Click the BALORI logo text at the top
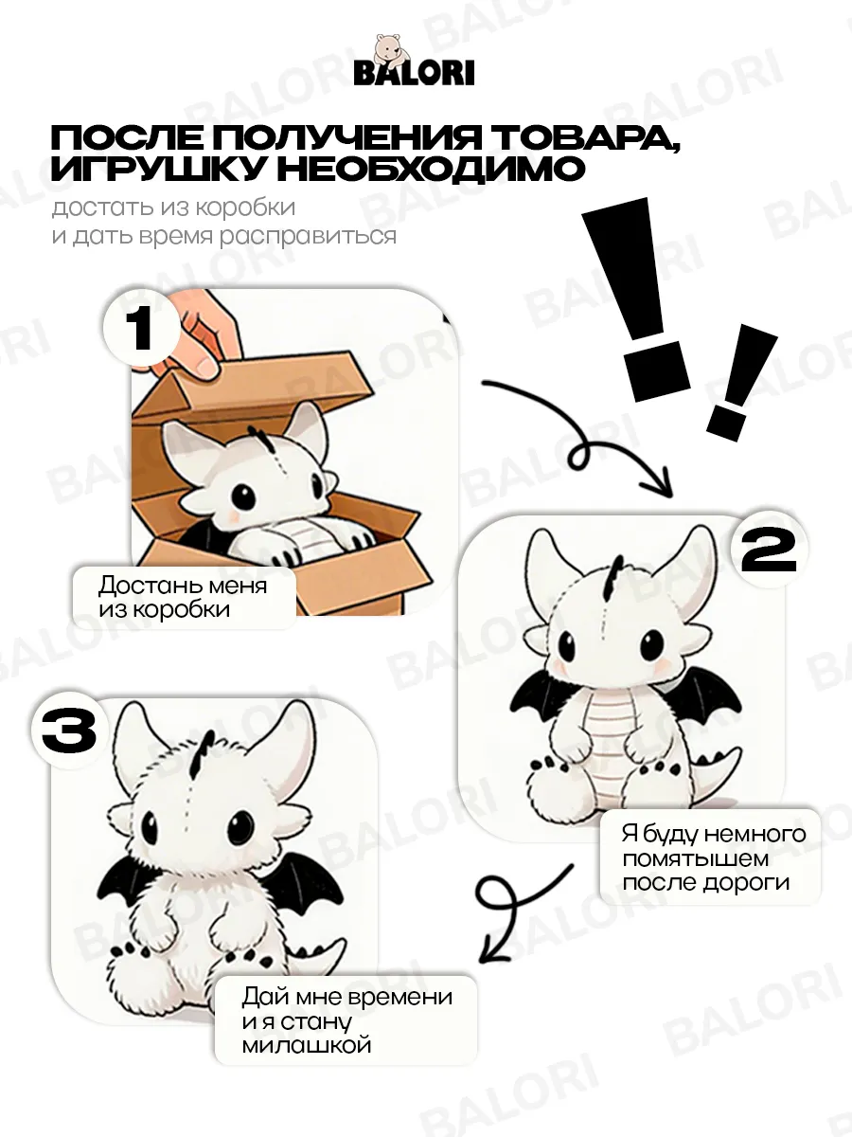[x=414, y=74]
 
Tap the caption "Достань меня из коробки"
[x=184, y=598]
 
